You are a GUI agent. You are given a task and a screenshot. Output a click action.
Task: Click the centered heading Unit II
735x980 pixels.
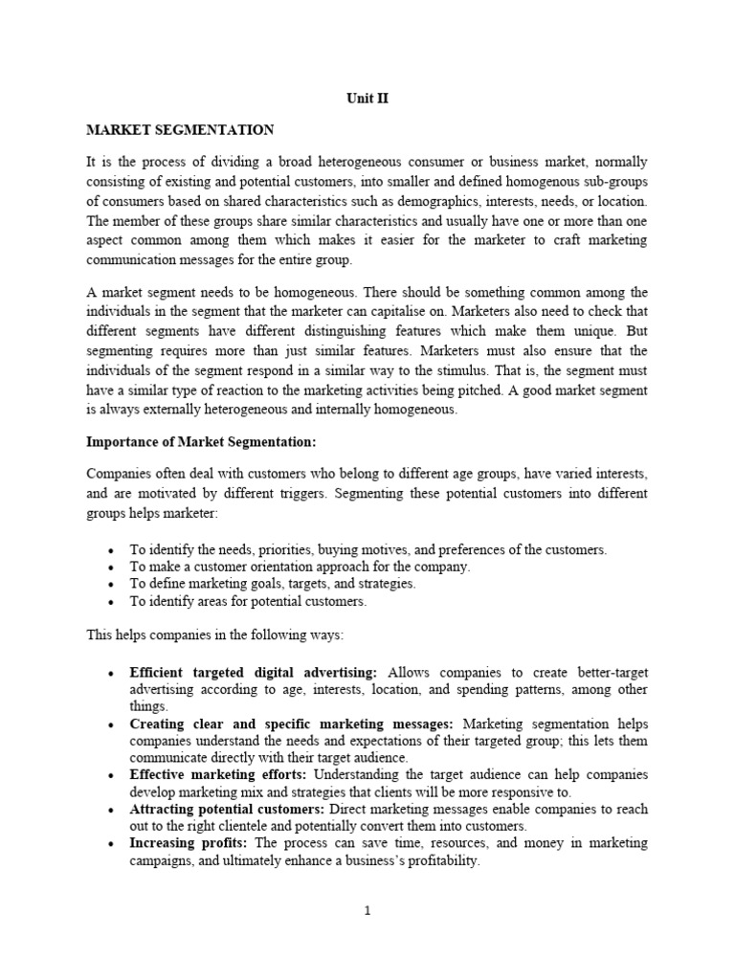[367, 98]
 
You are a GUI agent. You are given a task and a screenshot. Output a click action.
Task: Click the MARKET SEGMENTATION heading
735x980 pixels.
[180, 130]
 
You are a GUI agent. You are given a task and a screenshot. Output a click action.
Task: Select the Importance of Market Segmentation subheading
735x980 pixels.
[201, 442]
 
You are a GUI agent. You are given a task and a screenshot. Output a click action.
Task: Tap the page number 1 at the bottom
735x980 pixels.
[367, 910]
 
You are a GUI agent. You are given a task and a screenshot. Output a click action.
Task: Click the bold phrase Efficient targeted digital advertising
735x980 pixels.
[254, 672]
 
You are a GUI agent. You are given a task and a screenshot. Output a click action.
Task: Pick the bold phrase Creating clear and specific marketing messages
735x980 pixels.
[291, 724]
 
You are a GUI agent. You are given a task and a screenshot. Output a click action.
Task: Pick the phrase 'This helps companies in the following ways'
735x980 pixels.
[218, 636]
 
